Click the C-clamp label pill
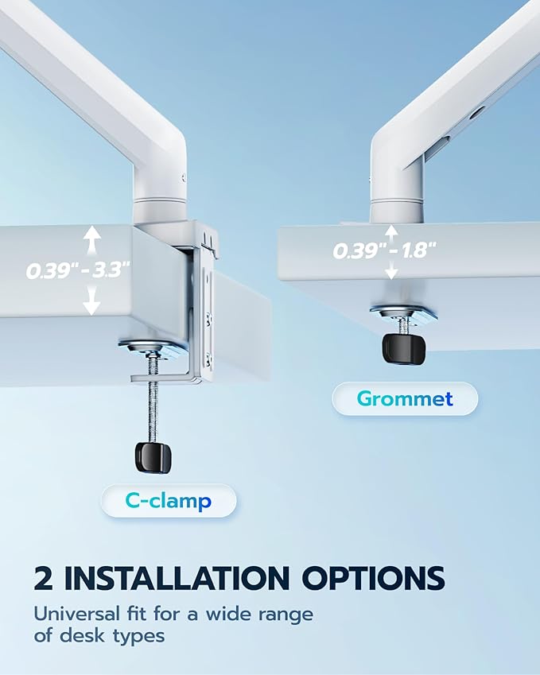(x=169, y=501)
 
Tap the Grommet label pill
(x=405, y=398)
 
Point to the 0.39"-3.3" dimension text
(x=77, y=270)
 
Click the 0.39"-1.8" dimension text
(x=384, y=250)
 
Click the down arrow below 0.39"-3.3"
(x=92, y=301)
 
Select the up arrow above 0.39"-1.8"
(x=390, y=231)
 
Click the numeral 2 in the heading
(x=44, y=578)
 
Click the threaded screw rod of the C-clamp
(x=152, y=405)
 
